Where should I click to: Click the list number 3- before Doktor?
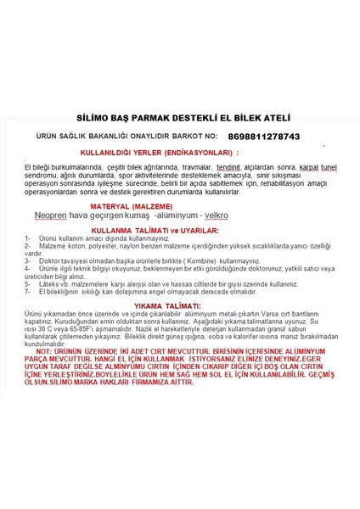29,260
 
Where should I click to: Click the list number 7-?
29,292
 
